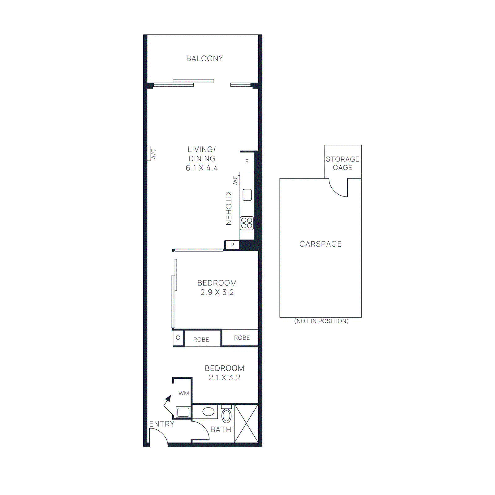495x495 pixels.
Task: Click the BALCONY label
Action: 204,58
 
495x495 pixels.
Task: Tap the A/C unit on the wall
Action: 149,153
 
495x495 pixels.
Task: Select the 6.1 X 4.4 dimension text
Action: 202,168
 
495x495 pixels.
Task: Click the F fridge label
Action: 247,161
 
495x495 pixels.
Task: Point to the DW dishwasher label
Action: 236,180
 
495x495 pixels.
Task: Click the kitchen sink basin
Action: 247,195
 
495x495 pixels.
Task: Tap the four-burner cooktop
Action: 247,223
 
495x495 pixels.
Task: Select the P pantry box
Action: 232,245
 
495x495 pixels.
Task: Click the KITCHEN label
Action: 228,208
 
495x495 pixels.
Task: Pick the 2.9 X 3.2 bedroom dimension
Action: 217,292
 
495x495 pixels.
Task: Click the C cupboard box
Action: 178,338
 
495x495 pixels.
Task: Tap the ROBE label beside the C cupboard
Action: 201,339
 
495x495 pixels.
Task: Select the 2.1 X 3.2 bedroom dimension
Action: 224,377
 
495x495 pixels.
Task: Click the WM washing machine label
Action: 184,394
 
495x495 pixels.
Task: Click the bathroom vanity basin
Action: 208,412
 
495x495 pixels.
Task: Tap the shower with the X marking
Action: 246,424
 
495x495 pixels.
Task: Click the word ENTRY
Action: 161,424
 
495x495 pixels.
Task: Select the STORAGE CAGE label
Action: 342,163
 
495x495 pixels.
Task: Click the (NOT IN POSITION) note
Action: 321,321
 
